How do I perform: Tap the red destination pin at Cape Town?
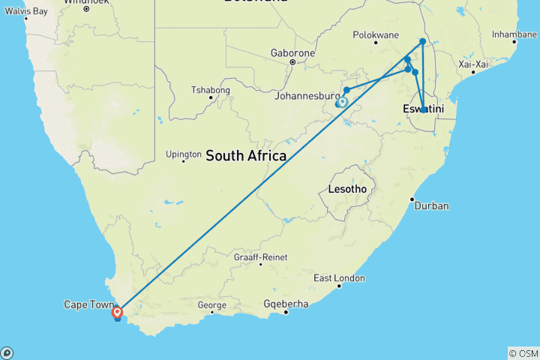(117, 310)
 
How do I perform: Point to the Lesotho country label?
(347, 189)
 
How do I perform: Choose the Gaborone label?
(292, 53)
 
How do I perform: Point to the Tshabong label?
(210, 90)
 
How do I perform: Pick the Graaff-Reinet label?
(260, 256)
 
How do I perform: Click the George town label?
(211, 305)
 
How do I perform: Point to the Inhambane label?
(514, 34)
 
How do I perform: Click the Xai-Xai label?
(474, 64)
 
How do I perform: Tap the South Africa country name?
(246, 156)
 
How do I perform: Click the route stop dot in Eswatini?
(424, 109)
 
